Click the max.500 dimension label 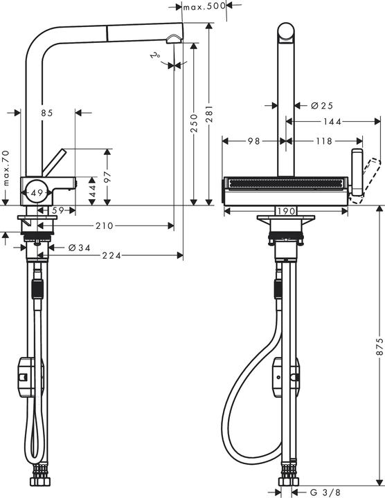pos(206,6)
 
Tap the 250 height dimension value pos(195,122)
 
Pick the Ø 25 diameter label pos(322,106)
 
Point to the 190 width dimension pos(286,210)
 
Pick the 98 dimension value pos(253,141)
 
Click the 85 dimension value pos(47,112)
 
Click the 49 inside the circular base pos(37,192)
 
